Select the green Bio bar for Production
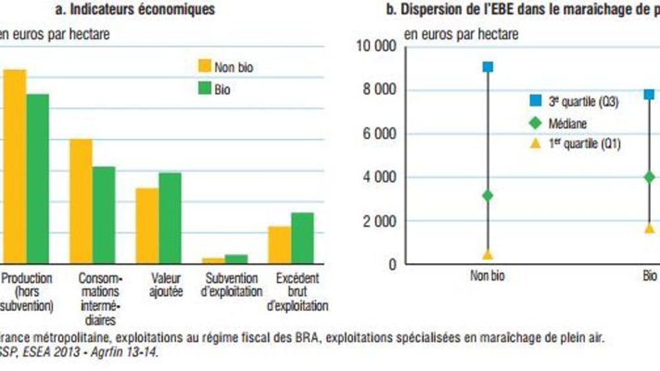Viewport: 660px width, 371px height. click(x=38, y=178)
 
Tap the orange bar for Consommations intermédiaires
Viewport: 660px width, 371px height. click(x=81, y=201)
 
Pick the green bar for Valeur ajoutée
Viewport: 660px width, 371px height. click(x=170, y=218)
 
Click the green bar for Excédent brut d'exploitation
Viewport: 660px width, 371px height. click(x=302, y=238)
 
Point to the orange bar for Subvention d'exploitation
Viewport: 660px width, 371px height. click(x=213, y=260)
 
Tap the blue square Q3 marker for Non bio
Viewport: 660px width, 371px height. click(x=488, y=67)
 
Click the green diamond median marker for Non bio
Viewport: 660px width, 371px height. click(x=488, y=195)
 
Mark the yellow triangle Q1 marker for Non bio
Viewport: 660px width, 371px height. click(x=488, y=254)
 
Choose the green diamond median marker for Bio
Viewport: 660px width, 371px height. click(x=649, y=177)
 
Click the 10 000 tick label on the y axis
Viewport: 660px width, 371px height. click(x=376, y=47)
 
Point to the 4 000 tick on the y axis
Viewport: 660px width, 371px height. click(x=381, y=177)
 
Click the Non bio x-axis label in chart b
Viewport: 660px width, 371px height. click(x=488, y=276)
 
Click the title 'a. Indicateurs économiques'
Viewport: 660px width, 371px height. click(x=135, y=10)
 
